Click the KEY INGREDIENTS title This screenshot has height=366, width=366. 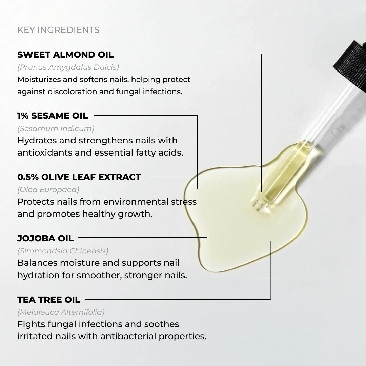point(58,30)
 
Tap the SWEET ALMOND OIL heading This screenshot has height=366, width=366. point(65,54)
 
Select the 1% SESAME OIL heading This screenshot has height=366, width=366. point(53,116)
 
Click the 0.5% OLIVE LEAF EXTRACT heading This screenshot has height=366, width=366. point(79,177)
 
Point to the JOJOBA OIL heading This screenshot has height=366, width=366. point(45,238)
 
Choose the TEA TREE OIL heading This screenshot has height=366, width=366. point(49,300)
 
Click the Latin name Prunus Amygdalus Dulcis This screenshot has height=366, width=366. point(68,67)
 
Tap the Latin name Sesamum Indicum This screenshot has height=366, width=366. point(56,128)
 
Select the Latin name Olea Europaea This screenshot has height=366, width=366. point(48,190)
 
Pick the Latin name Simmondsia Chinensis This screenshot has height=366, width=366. point(63,251)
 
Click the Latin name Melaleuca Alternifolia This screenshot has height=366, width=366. point(61,312)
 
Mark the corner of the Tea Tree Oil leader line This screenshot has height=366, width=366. point(270,300)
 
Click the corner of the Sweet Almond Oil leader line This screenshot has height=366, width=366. point(262,54)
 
